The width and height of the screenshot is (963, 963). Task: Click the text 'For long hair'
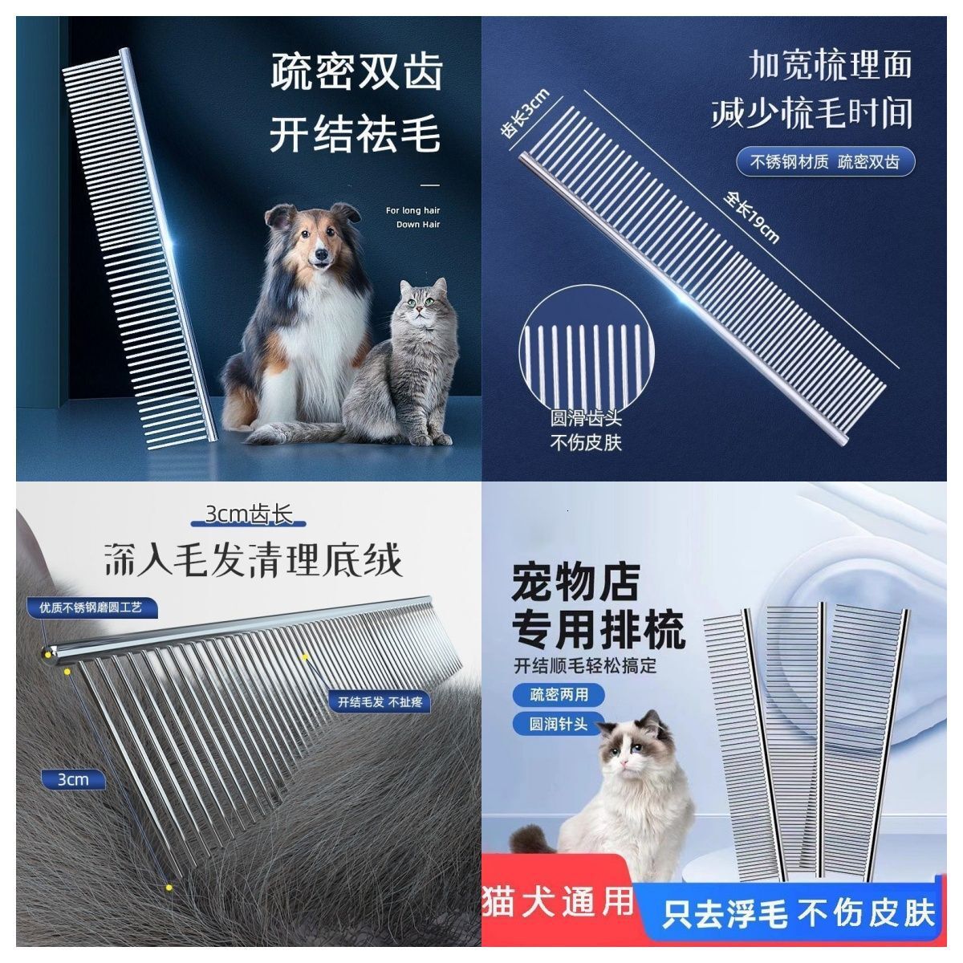413,211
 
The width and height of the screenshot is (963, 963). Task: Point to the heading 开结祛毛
356,134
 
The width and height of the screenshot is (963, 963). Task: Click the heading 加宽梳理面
831,64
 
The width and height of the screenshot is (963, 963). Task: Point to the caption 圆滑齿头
585,419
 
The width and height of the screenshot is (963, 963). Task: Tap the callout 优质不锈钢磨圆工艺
90,607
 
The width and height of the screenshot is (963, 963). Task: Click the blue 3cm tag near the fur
72,779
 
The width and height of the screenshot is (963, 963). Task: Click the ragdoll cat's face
633,750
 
